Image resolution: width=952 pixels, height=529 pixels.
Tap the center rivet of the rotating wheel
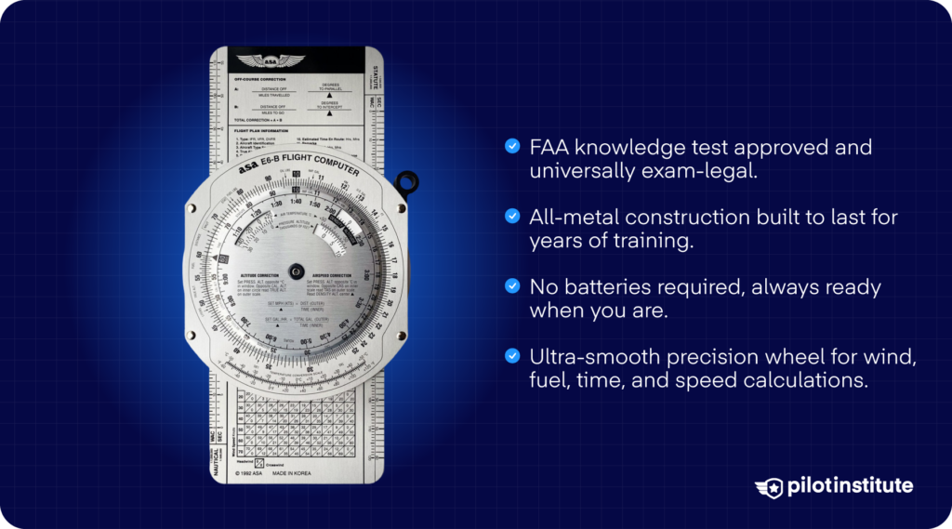pos(296,271)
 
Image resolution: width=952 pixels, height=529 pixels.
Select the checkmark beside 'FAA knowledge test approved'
pos(511,146)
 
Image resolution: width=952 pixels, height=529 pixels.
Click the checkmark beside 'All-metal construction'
pos(511,216)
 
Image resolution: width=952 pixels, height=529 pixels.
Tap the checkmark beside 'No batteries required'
pos(511,285)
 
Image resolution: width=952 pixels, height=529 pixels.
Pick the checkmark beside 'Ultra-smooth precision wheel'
pos(511,355)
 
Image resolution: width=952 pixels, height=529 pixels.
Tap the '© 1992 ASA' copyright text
pos(245,473)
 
